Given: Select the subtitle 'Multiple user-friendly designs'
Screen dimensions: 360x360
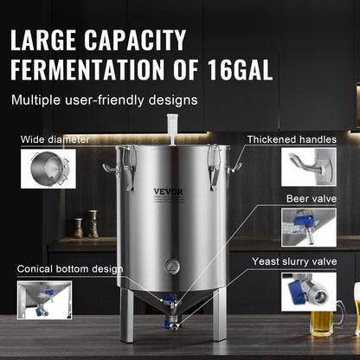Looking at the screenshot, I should pos(104,100).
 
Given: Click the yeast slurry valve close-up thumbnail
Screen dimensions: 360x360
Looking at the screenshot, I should pos(308,292).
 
